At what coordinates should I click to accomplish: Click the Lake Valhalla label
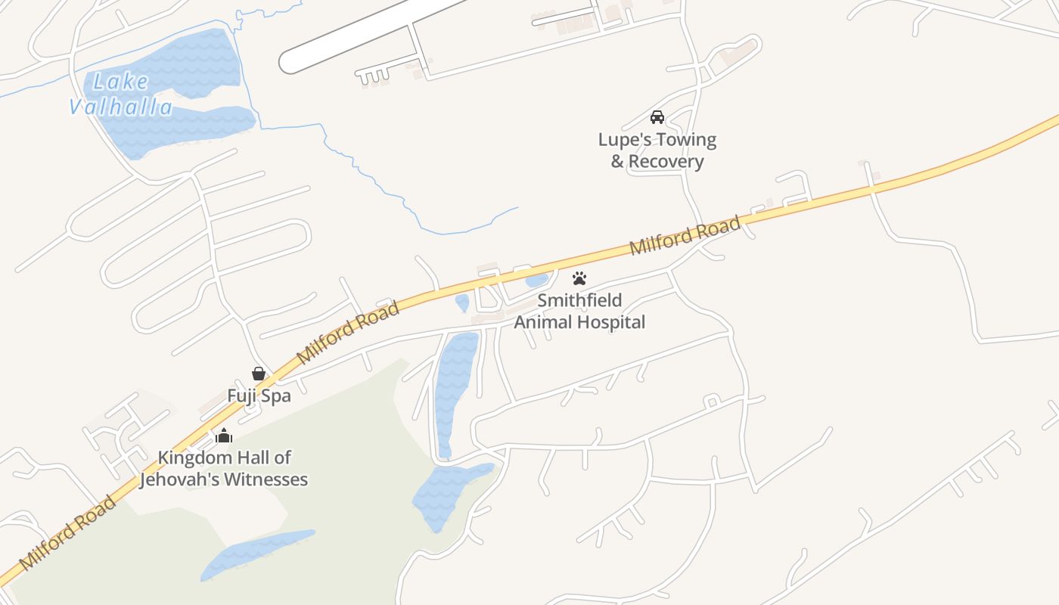click(x=121, y=94)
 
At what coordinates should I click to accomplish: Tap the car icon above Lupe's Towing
click(x=657, y=117)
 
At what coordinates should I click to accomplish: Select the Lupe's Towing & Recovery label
click(x=657, y=150)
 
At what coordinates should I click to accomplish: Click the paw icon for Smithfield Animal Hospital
click(x=579, y=278)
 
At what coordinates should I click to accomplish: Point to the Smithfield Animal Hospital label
click(x=579, y=311)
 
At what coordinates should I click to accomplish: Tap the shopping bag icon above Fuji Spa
click(x=259, y=374)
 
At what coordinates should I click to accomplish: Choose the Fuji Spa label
click(x=259, y=396)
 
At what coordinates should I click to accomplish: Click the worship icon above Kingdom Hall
click(x=223, y=436)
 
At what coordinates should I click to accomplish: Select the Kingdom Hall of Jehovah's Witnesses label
click(x=224, y=468)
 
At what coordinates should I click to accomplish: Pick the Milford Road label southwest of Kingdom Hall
click(x=68, y=532)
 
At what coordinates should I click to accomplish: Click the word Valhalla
click(x=121, y=107)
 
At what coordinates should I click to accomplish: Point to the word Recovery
click(x=666, y=161)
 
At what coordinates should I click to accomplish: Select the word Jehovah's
click(x=192, y=479)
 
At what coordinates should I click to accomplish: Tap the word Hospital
click(x=609, y=322)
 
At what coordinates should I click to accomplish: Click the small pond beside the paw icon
click(x=537, y=281)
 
